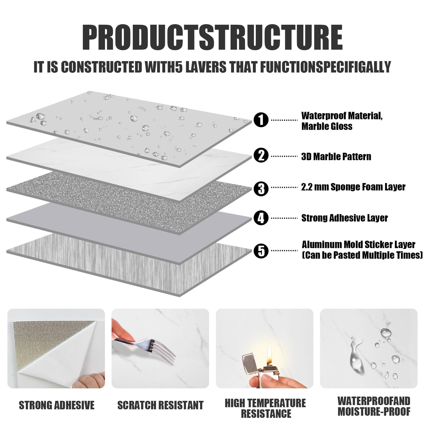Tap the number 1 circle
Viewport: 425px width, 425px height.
pos(261,120)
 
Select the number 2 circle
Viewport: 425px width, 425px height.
pos(261,155)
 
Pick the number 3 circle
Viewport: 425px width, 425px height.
pos(261,188)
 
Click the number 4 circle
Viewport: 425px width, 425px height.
pos(261,218)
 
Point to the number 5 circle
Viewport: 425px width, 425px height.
pos(261,251)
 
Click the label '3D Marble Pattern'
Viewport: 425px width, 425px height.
pos(336,156)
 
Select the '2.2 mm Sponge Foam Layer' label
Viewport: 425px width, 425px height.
pos(353,187)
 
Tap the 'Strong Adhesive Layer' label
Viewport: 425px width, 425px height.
pos(345,218)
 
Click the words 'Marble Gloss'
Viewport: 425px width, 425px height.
pos(327,126)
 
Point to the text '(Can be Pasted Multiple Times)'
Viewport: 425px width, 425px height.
pos(362,255)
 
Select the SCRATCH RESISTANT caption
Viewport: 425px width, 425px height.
pos(160,405)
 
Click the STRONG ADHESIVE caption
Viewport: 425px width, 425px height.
pos(57,405)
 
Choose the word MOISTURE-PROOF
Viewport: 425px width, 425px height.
pos(374,411)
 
